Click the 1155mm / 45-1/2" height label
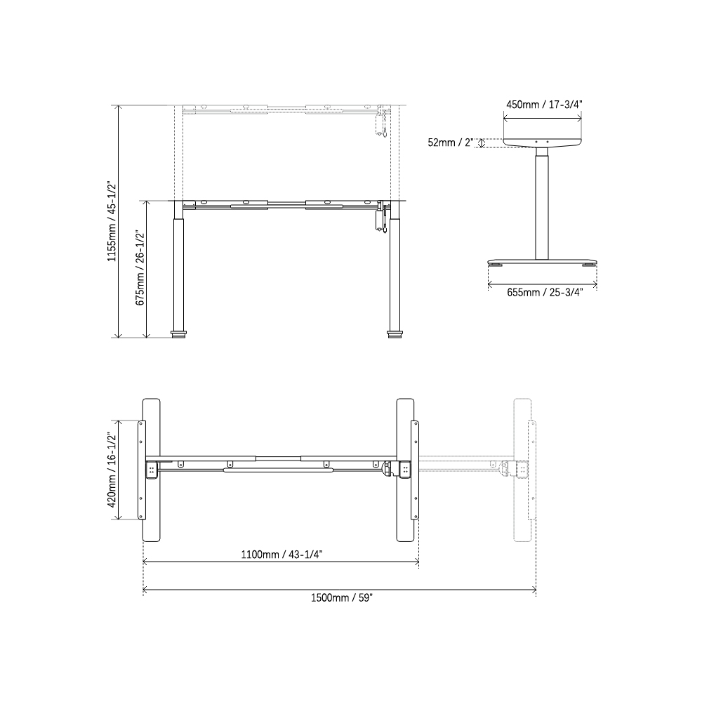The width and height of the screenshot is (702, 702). [x=110, y=222]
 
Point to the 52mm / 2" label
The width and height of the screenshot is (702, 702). [x=450, y=143]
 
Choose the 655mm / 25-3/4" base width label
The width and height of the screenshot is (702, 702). [x=543, y=293]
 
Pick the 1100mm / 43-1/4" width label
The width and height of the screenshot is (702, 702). [x=282, y=554]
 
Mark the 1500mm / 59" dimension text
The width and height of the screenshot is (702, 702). [x=341, y=597]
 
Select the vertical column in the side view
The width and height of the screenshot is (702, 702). [x=542, y=204]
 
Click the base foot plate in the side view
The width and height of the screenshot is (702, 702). [x=543, y=260]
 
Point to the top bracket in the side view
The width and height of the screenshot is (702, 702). [x=543, y=141]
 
